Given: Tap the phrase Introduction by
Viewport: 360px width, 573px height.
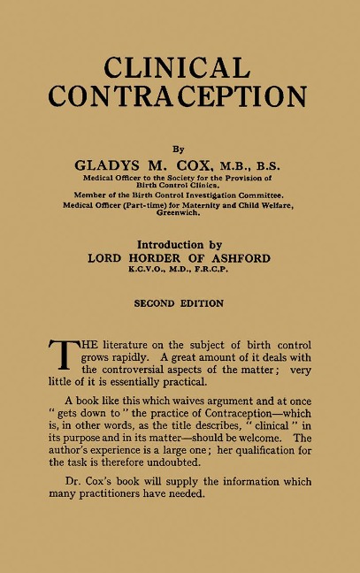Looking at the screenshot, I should [x=179, y=245].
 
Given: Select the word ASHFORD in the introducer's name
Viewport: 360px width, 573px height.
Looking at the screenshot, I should [x=237, y=259].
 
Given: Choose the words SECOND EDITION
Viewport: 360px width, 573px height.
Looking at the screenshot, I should [x=179, y=303].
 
